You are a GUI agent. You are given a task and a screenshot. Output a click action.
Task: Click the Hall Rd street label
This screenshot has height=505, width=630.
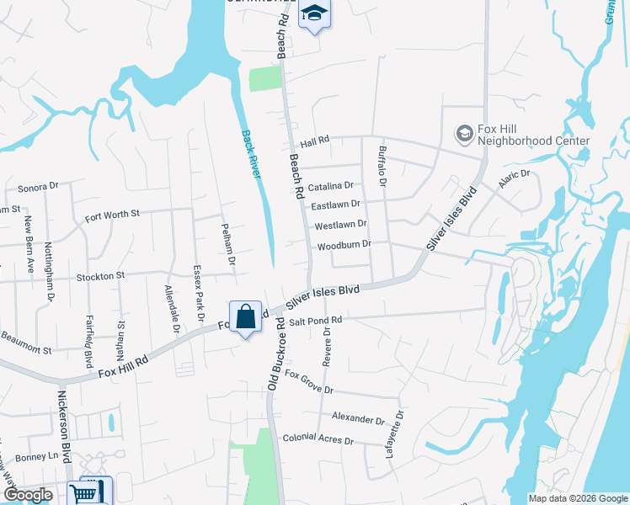(x=314, y=144)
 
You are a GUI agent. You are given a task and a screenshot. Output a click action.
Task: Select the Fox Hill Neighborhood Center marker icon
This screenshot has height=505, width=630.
(x=464, y=133)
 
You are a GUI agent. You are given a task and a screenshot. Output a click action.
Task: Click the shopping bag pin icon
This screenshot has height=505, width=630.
(x=245, y=317)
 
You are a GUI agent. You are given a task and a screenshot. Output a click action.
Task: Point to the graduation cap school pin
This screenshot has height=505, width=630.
(x=315, y=13)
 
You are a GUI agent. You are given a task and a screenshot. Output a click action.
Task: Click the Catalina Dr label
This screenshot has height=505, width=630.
(x=330, y=186)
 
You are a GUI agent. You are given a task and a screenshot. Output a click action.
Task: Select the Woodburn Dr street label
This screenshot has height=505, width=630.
(x=344, y=246)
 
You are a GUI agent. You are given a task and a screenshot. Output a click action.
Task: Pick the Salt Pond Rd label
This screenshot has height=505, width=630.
(x=316, y=321)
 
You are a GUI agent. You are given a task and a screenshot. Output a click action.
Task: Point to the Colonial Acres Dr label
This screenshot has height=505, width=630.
(x=318, y=439)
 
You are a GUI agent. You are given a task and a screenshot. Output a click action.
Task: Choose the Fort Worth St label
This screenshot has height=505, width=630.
(x=112, y=215)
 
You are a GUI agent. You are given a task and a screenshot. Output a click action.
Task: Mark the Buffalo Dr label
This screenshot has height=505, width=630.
(x=382, y=165)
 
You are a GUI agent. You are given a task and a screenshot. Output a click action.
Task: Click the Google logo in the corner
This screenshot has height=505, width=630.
(x=29, y=495)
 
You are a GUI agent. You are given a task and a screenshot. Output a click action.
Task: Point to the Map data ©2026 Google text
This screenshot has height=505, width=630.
(x=577, y=498)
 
